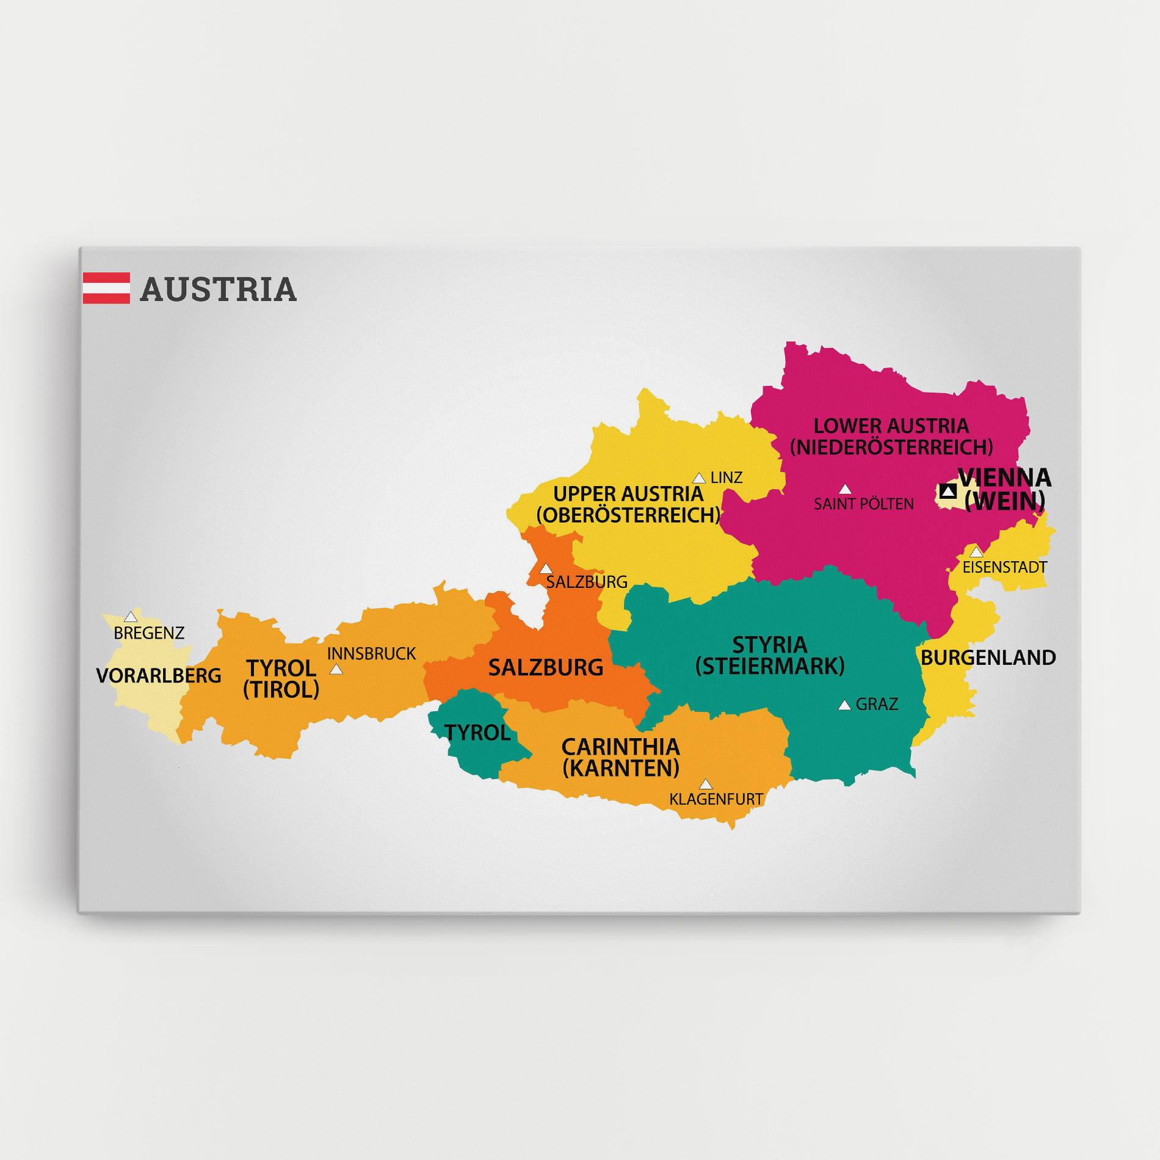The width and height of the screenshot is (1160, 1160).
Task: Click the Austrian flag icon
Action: tap(106, 288)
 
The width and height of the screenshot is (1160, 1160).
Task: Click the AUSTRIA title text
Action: tap(218, 289)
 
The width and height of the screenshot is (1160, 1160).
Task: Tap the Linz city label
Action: tap(727, 477)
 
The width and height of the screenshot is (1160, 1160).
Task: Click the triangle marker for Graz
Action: tap(844, 705)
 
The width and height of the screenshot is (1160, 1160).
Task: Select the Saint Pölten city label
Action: tap(863, 504)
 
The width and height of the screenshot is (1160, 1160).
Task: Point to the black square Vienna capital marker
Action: tap(948, 491)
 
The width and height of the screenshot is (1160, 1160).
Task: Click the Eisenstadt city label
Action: tap(1004, 567)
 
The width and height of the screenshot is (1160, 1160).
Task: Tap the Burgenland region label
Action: tap(988, 658)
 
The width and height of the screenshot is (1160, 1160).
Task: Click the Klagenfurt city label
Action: tap(716, 798)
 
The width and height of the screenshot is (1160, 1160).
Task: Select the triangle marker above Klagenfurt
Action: tap(706, 784)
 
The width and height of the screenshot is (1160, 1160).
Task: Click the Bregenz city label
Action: tap(149, 633)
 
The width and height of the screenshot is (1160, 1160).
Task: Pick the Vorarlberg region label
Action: tap(159, 675)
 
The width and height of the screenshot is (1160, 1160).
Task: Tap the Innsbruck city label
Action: tap(371, 654)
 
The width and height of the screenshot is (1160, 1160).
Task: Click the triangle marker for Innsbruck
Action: tap(336, 670)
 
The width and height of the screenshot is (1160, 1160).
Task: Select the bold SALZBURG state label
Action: tap(546, 667)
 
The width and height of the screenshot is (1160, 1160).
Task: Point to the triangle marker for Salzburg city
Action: tap(546, 568)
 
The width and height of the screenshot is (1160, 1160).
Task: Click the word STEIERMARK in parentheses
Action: tap(770, 666)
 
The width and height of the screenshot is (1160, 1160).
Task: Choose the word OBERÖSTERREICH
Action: tap(628, 515)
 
